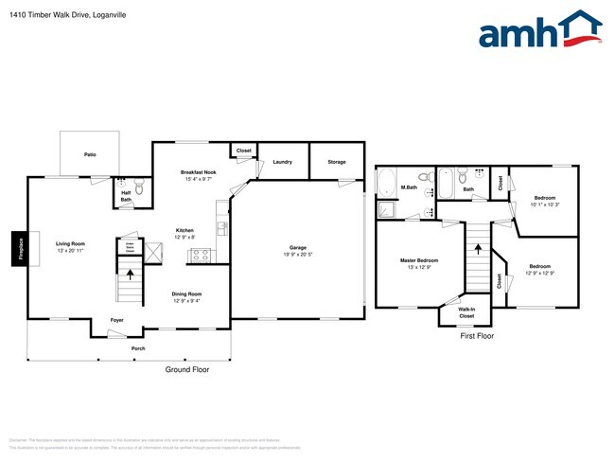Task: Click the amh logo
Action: pyautogui.click(x=539, y=30)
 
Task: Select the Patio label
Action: pyautogui.click(x=90, y=154)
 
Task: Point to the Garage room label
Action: pyautogui.click(x=297, y=250)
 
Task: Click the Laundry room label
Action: pyautogui.click(x=282, y=162)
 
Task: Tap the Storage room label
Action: pyautogui.click(x=337, y=162)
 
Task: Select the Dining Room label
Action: pyautogui.click(x=186, y=297)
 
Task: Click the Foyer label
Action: pyautogui.click(x=117, y=320)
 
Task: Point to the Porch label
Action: pyautogui.click(x=138, y=347)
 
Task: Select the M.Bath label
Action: pyautogui.click(x=410, y=187)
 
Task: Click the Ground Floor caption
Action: pyautogui.click(x=186, y=369)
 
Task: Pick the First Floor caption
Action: pyautogui.click(x=477, y=335)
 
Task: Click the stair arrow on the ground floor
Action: pyautogui.click(x=131, y=277)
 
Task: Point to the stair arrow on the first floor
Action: pyautogui.click(x=478, y=249)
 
